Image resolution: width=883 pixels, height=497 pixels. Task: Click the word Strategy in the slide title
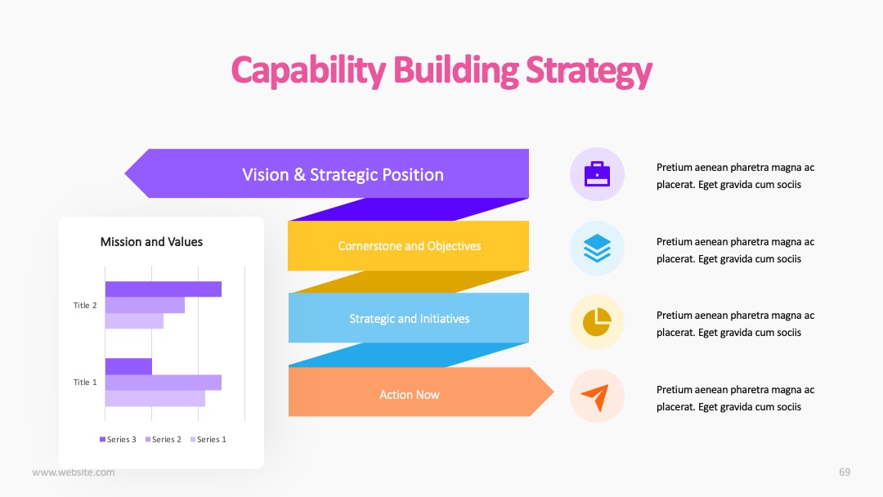589,71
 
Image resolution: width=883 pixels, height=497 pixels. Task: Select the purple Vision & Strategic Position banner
326,173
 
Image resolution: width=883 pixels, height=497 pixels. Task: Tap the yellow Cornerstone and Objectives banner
408,246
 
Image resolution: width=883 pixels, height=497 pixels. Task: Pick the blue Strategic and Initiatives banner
408,318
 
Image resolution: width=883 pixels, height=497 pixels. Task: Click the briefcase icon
597,174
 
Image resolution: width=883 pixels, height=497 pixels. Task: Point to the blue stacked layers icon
597,248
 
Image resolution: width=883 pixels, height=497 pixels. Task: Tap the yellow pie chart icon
597,322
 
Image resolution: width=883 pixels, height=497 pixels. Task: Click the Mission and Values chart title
151,242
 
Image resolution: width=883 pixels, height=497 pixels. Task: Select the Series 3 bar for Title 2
164,289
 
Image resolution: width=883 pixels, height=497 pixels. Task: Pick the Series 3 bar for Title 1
128,366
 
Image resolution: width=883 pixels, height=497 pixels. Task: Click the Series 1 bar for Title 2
134,320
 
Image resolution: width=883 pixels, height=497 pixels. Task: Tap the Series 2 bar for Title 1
164,383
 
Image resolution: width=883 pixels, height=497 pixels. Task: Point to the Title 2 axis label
85,305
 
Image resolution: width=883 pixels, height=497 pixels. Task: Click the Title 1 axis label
85,383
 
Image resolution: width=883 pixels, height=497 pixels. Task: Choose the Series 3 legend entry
118,440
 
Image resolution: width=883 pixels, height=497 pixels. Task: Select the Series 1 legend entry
208,440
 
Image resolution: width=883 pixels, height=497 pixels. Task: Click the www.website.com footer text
74,472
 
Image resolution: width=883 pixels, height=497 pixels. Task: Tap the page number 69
845,472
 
